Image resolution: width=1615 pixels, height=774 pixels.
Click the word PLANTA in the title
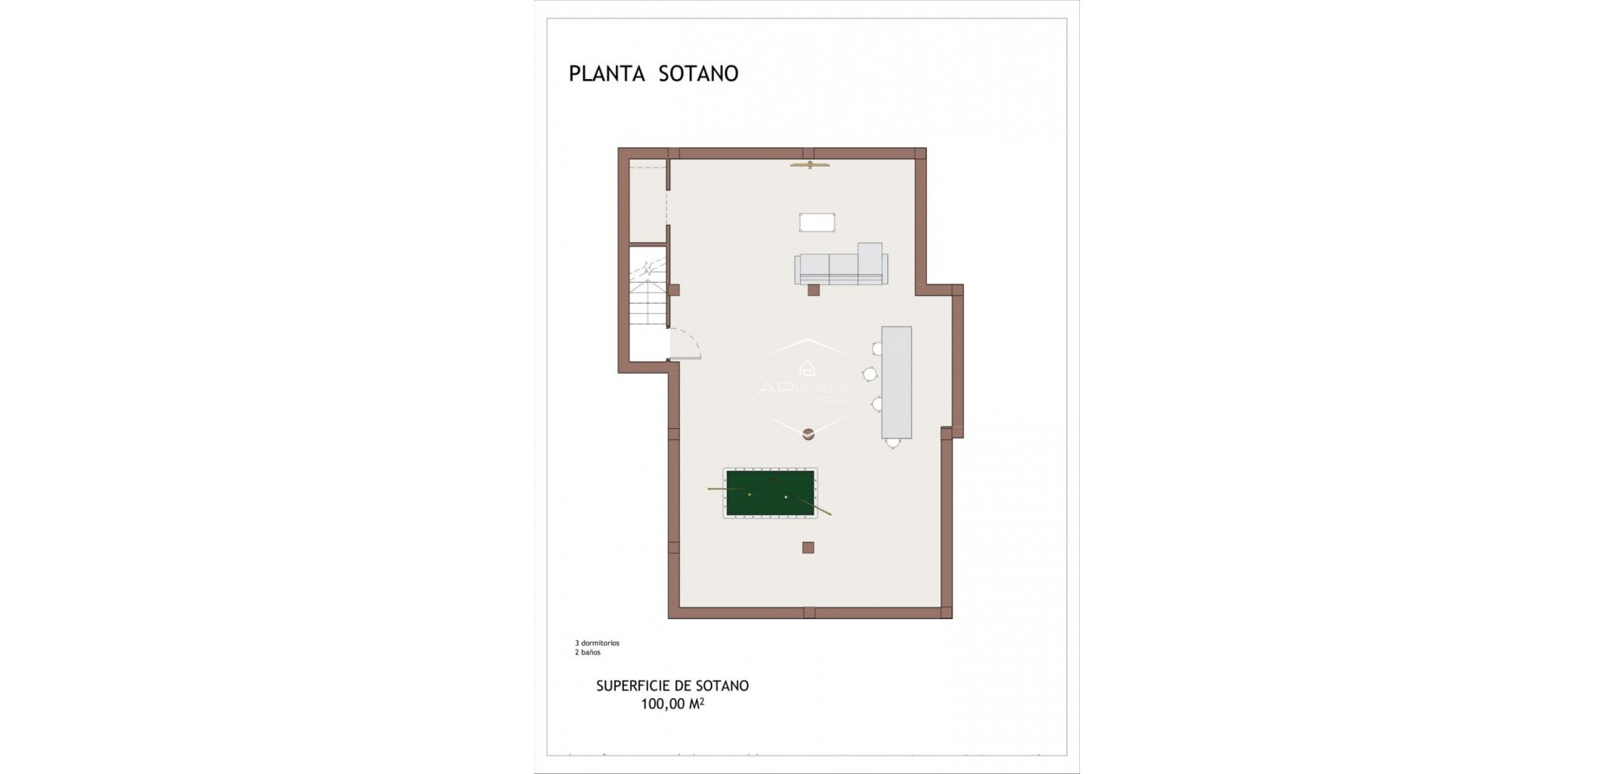point(606,74)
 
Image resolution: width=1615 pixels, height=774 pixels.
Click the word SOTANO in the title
point(696,74)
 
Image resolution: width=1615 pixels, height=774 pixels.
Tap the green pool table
point(770,494)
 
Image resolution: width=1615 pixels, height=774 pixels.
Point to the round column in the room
point(807,434)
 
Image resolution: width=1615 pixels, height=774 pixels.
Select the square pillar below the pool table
point(807,548)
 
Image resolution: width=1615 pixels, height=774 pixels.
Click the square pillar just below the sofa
point(813,290)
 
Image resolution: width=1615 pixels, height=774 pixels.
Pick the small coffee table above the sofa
point(817,222)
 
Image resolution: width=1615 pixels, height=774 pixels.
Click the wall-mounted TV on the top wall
point(810,165)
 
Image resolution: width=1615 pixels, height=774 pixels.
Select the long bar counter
point(896,382)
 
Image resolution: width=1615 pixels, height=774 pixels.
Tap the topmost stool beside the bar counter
point(876,347)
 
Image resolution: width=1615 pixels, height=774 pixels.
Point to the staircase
point(648,290)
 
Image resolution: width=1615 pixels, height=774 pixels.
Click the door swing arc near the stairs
point(686,345)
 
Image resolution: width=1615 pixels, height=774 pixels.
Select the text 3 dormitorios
point(597,643)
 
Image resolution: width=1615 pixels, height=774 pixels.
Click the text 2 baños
point(588,652)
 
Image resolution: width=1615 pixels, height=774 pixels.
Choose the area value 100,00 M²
point(672,704)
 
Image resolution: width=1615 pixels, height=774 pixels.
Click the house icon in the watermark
point(807,368)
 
